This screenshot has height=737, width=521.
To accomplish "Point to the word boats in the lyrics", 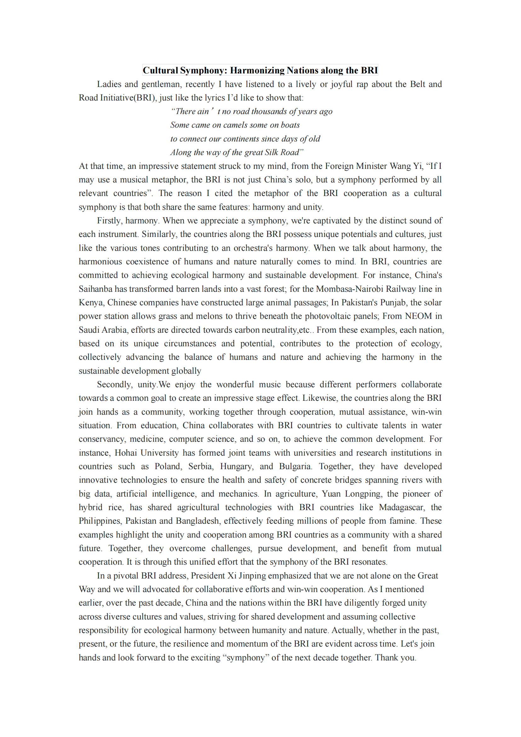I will (290, 125).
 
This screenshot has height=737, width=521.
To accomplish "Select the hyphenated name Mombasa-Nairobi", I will (349, 289).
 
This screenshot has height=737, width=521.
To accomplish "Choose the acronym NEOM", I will (418, 316).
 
